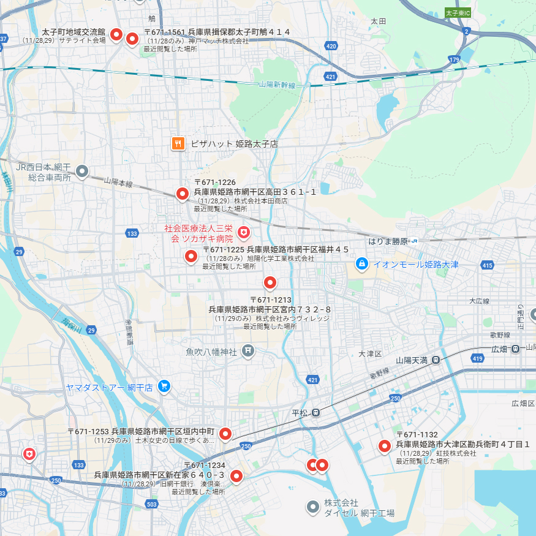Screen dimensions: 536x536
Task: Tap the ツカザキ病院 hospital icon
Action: point(244,233)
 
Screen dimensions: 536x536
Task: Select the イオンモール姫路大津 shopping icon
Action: point(362,263)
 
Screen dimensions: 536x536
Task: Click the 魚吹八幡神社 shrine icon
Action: point(247,351)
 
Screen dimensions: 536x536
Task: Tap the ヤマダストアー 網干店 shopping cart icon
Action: point(164,387)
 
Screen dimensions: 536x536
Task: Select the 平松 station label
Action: point(300,412)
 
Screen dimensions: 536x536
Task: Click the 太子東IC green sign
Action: point(458,12)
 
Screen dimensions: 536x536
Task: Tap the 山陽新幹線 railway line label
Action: point(277,85)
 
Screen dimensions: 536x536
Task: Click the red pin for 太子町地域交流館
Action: point(115,34)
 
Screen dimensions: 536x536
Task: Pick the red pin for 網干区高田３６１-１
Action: point(182,193)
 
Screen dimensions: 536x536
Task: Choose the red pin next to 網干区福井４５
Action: point(191,255)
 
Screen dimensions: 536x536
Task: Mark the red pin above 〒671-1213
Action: point(270,282)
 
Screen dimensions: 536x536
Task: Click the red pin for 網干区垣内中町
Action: point(225,433)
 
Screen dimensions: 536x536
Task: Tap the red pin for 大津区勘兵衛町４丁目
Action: point(385,445)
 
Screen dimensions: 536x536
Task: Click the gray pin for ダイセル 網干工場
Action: point(312,506)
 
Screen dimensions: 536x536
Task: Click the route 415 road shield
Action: point(488,265)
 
